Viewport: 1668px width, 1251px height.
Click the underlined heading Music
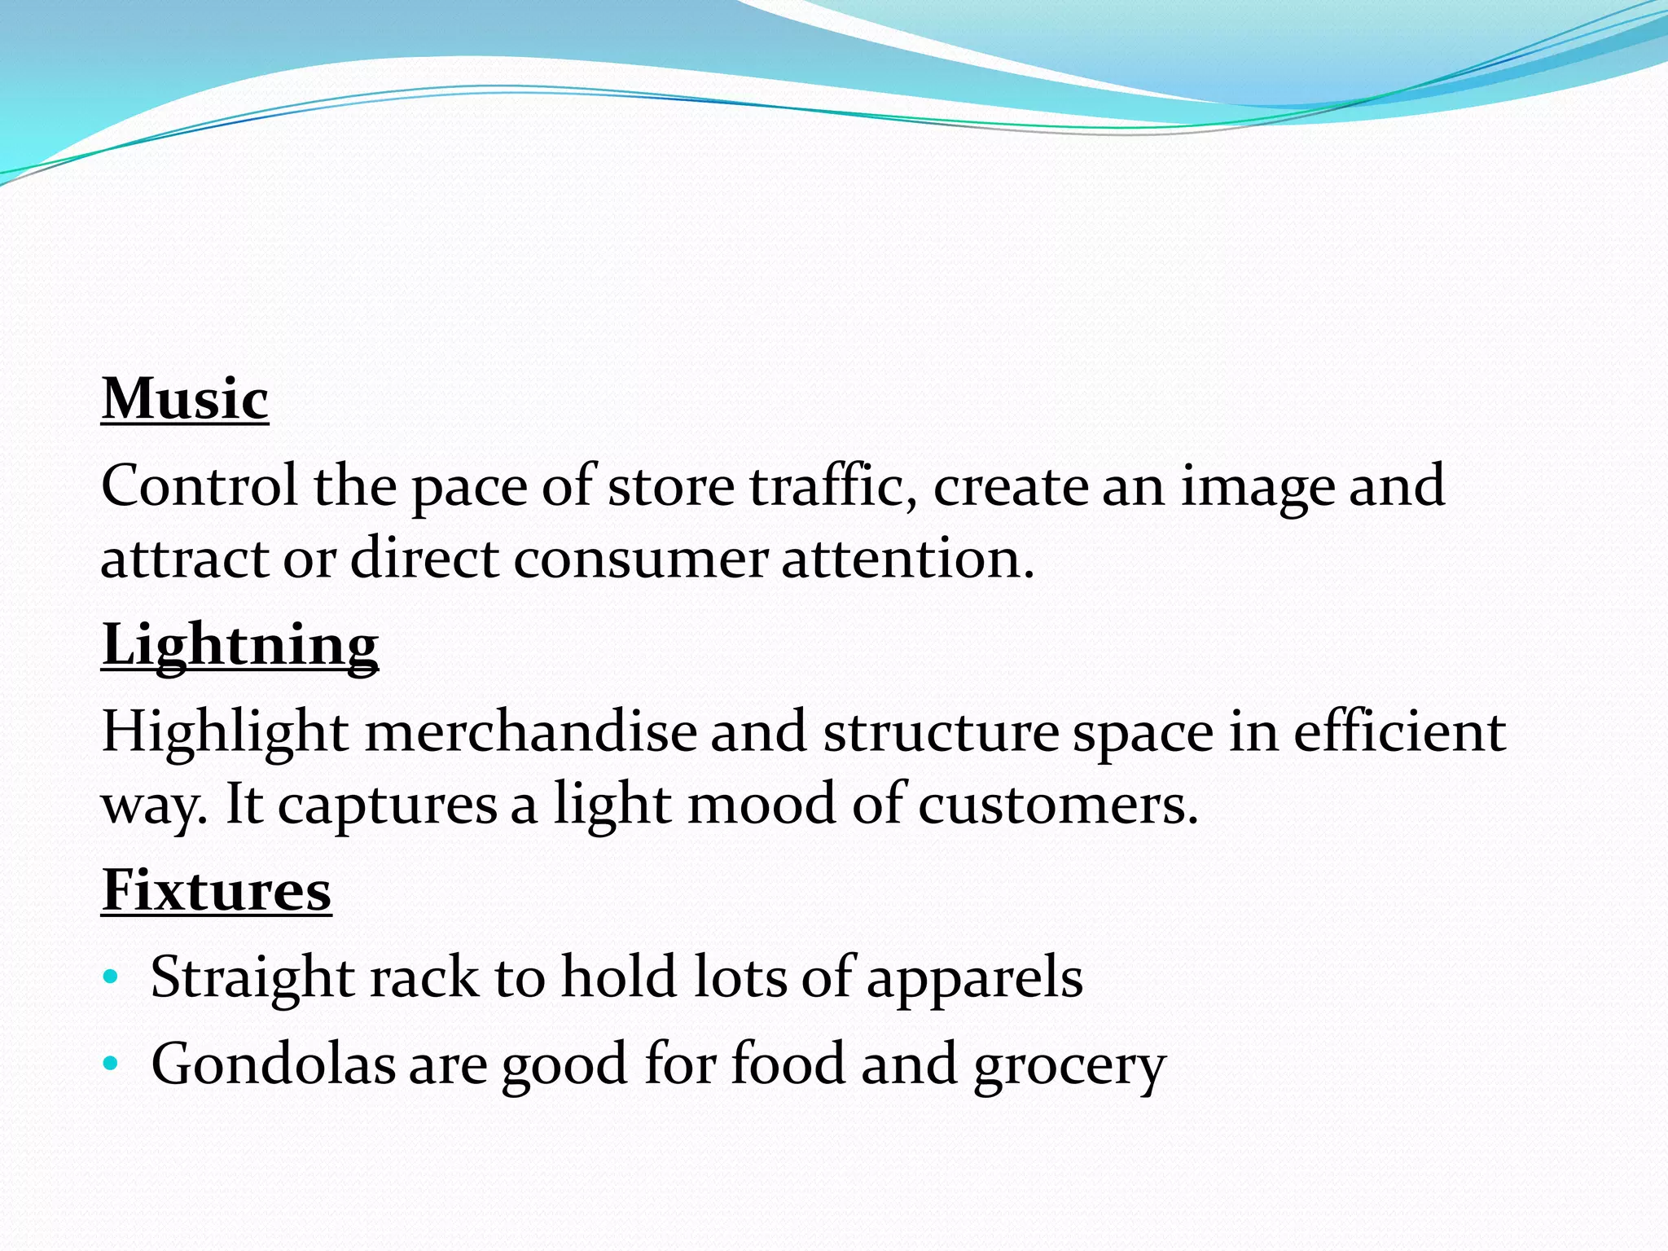pos(185,399)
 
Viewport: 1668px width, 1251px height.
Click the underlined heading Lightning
pos(240,645)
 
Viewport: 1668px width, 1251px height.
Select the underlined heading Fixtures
pos(217,890)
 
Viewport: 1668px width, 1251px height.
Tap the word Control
pos(200,486)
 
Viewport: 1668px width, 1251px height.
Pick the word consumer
pos(640,560)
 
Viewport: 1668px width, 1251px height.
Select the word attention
pos(907,560)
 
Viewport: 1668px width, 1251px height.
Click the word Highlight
pos(226,732)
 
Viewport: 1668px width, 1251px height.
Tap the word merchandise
pos(531,732)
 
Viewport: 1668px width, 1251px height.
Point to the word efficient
pos(1399,732)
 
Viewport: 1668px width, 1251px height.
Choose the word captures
pos(388,805)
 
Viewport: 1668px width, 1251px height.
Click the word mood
pos(762,805)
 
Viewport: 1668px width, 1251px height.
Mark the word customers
pos(1058,805)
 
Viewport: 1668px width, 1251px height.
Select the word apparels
pos(974,978)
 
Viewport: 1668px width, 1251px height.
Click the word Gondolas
pos(274,1064)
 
